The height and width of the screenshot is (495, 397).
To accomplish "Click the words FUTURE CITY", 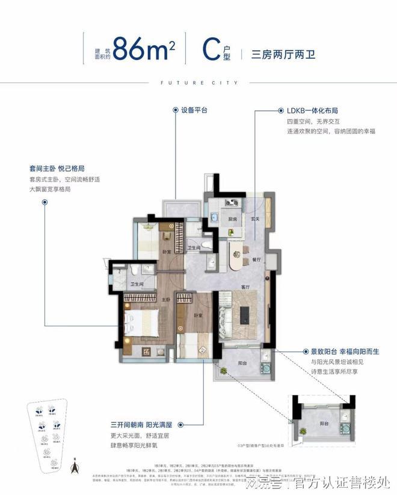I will coord(198,82).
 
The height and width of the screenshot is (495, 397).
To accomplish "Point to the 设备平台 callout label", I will coord(191,111).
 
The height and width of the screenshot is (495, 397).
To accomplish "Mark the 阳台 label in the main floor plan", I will coord(241,363).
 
